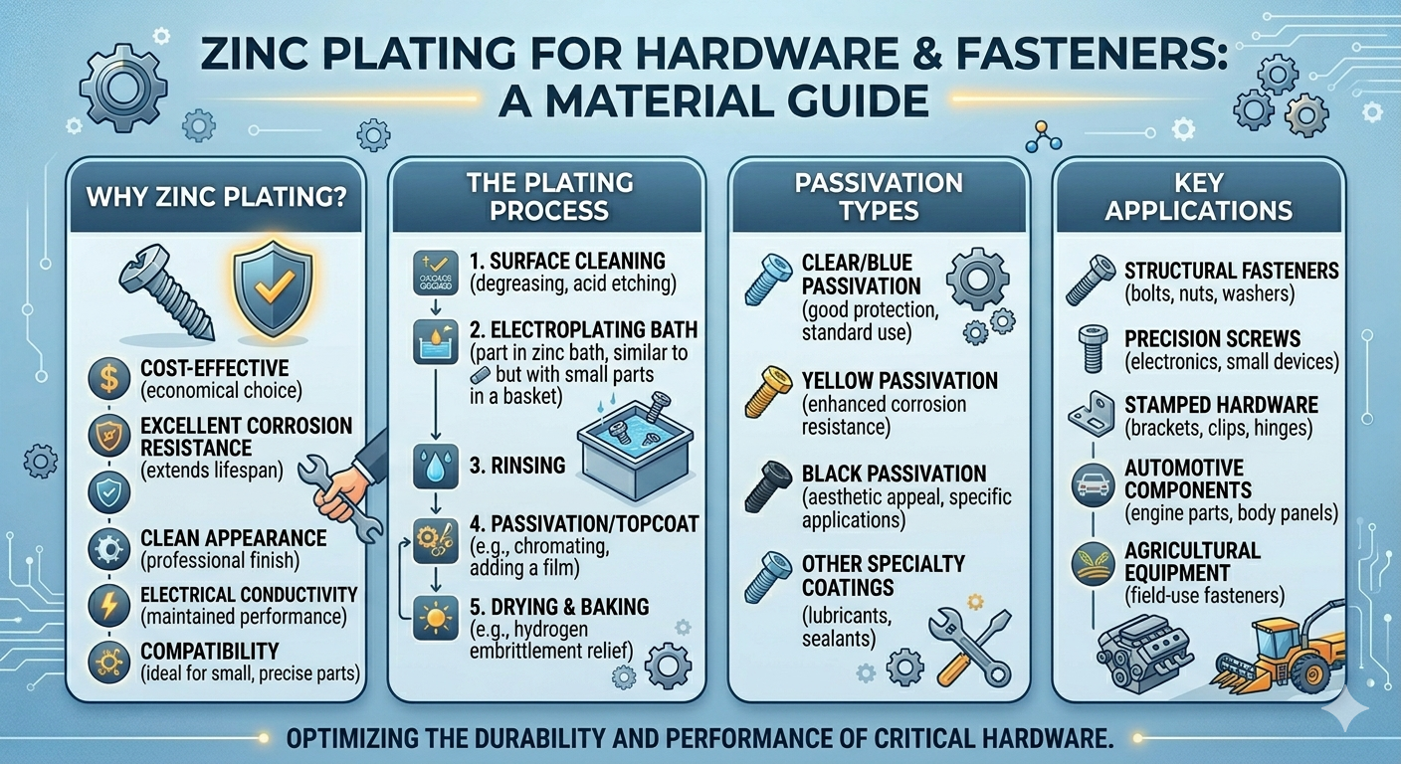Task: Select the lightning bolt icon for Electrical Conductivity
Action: tap(106, 604)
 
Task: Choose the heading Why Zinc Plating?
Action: tap(216, 196)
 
